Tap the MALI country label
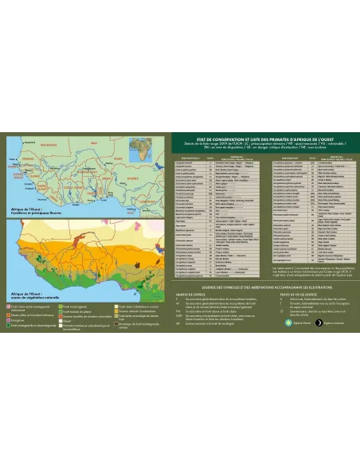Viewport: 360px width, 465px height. [x=93, y=143]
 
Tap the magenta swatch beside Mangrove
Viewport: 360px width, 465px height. [x=8, y=318]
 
